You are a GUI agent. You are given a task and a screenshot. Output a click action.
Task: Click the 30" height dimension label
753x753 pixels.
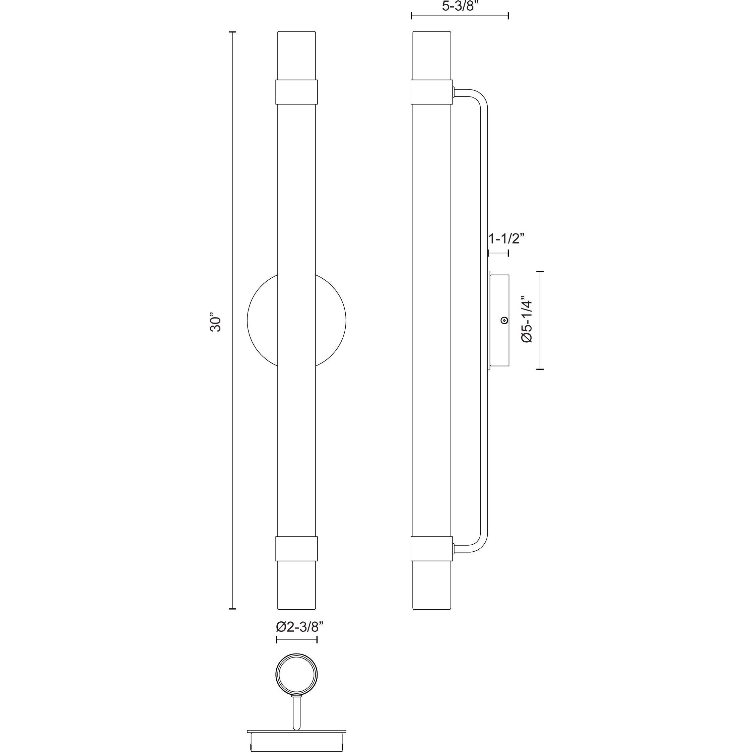point(215,322)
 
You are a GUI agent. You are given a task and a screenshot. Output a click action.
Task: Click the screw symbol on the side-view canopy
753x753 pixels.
point(505,320)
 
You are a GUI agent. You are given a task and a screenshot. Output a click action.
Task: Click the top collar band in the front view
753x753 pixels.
point(296,92)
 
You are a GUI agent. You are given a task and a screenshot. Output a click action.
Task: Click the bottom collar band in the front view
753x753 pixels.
point(296,549)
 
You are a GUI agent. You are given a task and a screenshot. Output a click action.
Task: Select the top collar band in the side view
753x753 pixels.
point(432,92)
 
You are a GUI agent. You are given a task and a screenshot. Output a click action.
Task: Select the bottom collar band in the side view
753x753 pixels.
point(432,549)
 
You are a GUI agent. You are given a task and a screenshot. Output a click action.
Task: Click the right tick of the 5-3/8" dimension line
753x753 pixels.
point(508,16)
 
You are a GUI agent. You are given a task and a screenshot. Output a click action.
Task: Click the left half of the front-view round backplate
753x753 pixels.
point(262,320)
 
